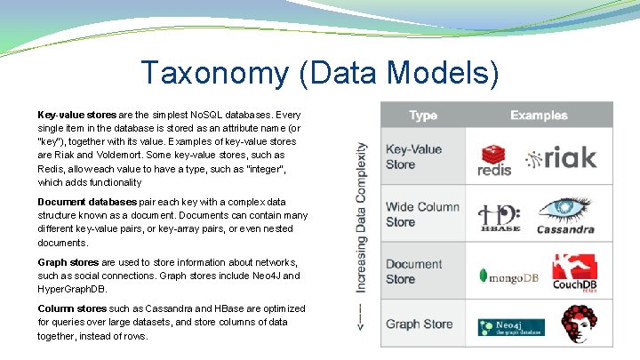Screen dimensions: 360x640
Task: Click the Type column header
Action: (423, 116)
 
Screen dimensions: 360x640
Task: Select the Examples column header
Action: (538, 116)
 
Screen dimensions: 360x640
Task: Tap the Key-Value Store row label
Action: (413, 156)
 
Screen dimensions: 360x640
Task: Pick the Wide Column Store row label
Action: (422, 214)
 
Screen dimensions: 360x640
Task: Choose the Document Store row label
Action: (413, 271)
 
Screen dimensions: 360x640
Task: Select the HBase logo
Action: (499, 216)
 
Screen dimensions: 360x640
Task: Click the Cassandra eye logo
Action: (565, 213)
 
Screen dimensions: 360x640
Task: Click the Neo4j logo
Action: (510, 326)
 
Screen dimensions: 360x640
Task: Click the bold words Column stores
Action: (72, 308)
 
